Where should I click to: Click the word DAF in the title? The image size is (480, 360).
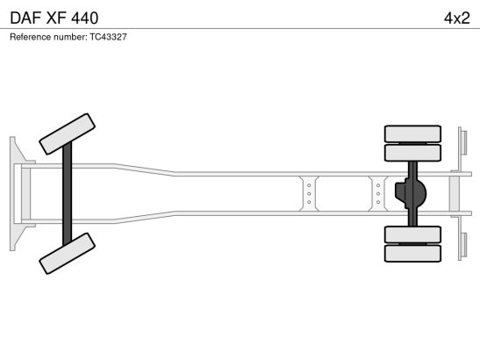click(x=25, y=18)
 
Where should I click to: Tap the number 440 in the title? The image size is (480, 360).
click(x=85, y=18)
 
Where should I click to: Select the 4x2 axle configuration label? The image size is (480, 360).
click(x=456, y=18)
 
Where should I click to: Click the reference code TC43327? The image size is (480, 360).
click(x=108, y=37)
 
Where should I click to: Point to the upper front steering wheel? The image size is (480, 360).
click(x=68, y=133)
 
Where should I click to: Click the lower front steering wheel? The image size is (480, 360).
click(x=68, y=254)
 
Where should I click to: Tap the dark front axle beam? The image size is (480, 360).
click(x=68, y=194)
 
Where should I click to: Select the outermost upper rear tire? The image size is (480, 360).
click(x=412, y=133)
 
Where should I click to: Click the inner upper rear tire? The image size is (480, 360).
click(x=412, y=153)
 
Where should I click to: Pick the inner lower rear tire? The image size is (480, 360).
click(x=412, y=234)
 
